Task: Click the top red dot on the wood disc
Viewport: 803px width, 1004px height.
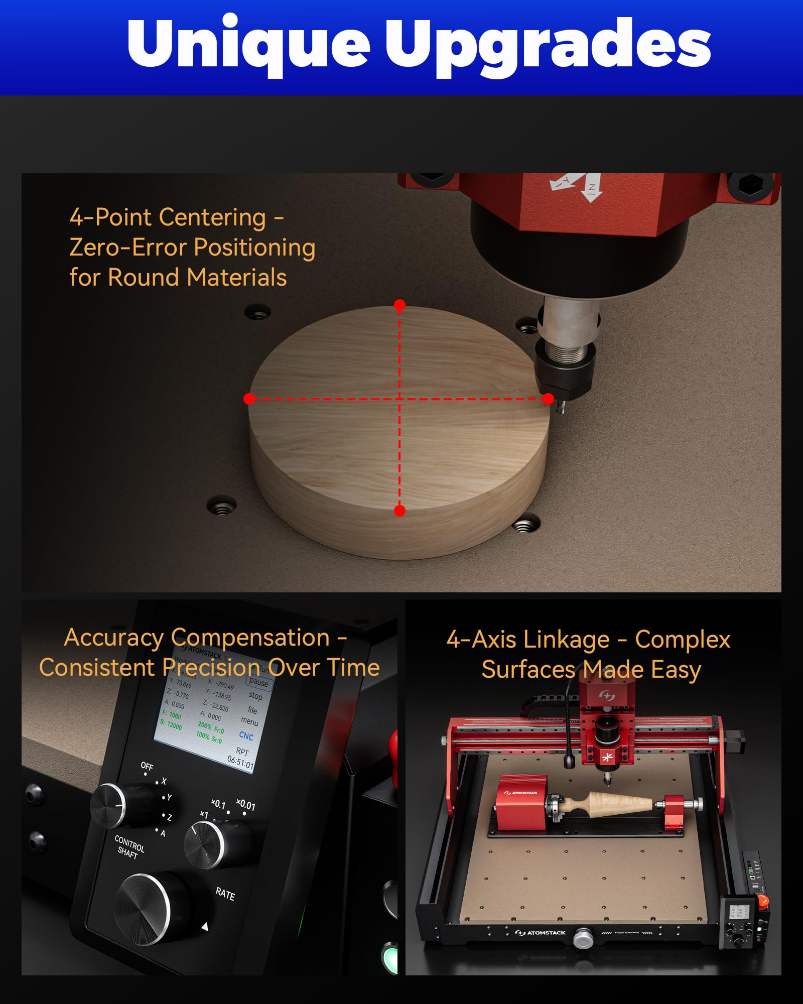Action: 399,305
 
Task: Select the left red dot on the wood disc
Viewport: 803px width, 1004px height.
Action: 249,399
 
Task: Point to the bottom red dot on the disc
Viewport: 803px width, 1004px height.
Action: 399,511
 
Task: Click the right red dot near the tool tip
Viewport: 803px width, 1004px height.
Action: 548,399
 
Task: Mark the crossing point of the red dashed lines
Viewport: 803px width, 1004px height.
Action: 399,399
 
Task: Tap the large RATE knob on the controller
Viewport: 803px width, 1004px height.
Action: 143,909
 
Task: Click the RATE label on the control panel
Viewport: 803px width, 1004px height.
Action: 225,894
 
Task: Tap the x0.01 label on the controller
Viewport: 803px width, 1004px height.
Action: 246,804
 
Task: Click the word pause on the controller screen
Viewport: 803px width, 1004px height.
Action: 258,682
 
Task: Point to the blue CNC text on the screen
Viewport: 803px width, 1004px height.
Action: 246,735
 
